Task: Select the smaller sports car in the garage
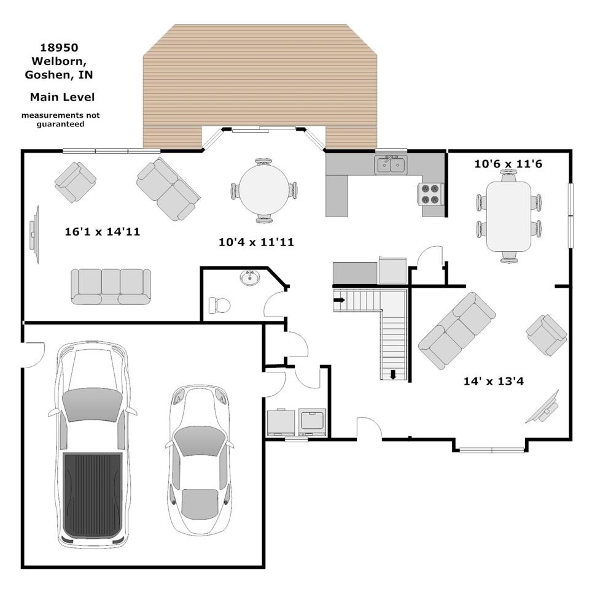pyautogui.click(x=199, y=460)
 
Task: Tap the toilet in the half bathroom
pyautogui.click(x=220, y=306)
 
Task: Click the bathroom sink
pyautogui.click(x=249, y=278)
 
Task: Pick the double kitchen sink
pyautogui.click(x=391, y=164)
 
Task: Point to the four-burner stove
pyautogui.click(x=430, y=193)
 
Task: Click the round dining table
pyautogui.click(x=264, y=191)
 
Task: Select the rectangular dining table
pyautogui.click(x=508, y=216)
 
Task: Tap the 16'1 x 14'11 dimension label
pyautogui.click(x=103, y=231)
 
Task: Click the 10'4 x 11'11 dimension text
pyautogui.click(x=256, y=242)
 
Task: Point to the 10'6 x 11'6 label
pyautogui.click(x=508, y=164)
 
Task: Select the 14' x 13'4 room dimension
pyautogui.click(x=494, y=381)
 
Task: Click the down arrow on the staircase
pyautogui.click(x=393, y=375)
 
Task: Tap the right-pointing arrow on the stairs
pyautogui.click(x=340, y=300)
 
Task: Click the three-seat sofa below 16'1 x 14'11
pyautogui.click(x=111, y=287)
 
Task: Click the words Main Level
pyautogui.click(x=62, y=97)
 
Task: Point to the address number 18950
pyautogui.click(x=60, y=47)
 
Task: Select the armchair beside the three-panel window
pyautogui.click(x=75, y=182)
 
